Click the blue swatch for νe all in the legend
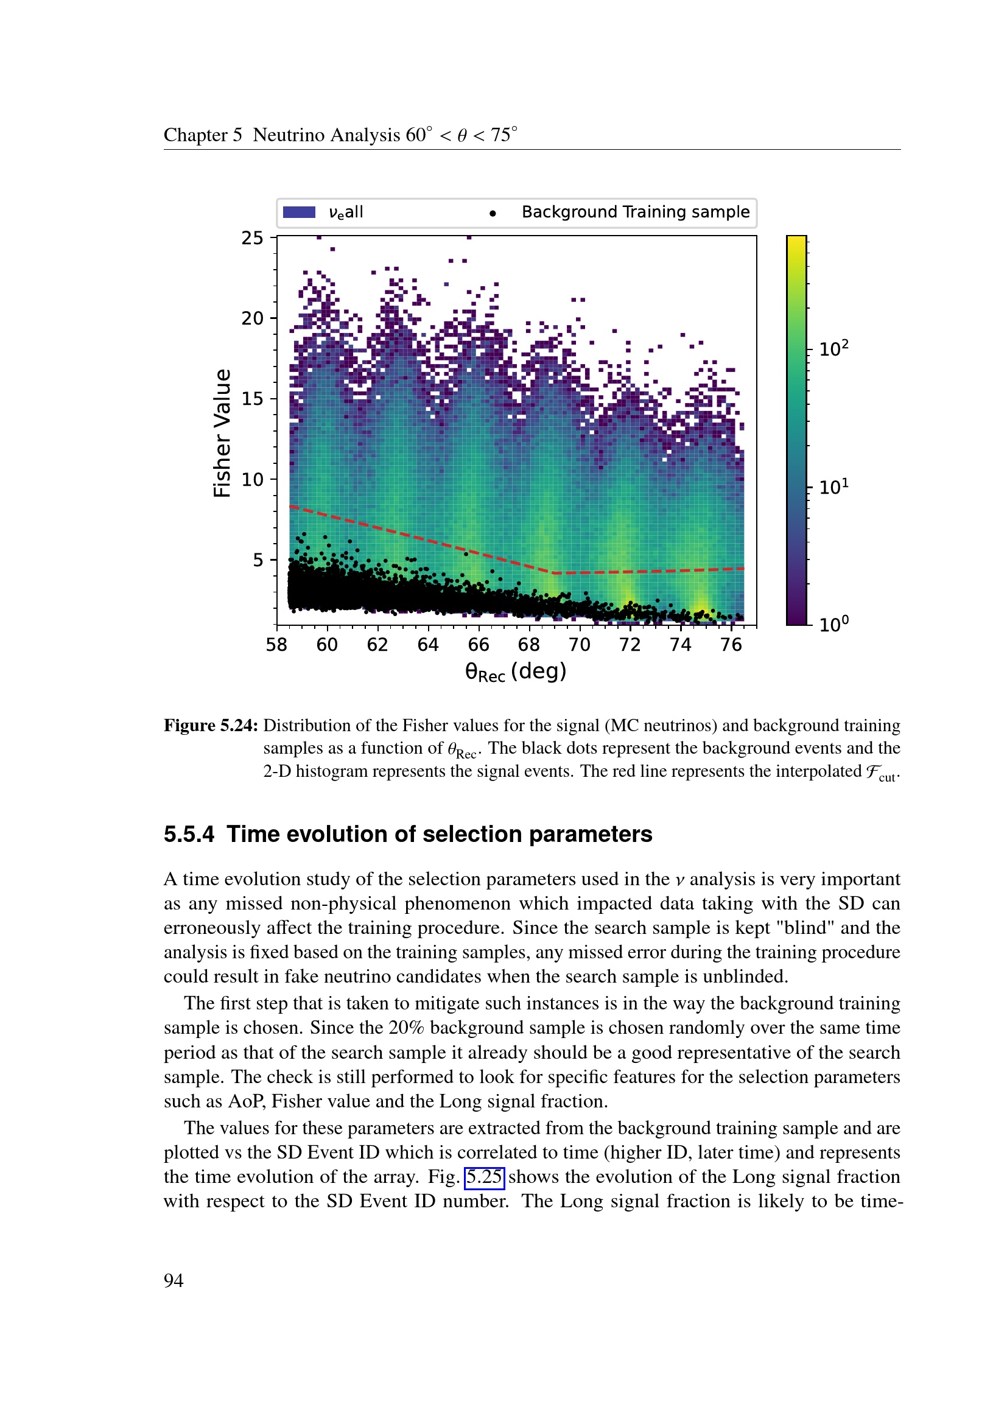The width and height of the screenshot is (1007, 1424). [x=299, y=212]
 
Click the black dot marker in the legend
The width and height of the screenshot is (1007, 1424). [x=493, y=213]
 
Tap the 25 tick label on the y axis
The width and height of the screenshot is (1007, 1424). [x=253, y=238]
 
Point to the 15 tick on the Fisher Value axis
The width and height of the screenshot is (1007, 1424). [x=253, y=399]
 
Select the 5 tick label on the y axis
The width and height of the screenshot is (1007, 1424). [x=258, y=560]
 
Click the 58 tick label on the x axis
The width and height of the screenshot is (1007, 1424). [x=276, y=645]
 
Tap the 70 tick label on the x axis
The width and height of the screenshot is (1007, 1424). [x=579, y=645]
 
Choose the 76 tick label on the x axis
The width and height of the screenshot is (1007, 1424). [x=731, y=645]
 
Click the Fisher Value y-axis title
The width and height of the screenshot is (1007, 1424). [x=222, y=433]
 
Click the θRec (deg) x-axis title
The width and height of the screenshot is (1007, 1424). [x=516, y=672]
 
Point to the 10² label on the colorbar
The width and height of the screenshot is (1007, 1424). [x=833, y=349]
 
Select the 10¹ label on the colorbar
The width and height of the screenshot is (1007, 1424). [x=833, y=487]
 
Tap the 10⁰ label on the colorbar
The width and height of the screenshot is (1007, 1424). [x=833, y=624]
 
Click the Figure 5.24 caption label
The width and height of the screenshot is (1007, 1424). [x=211, y=725]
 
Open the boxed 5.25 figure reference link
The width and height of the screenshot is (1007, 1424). [x=484, y=1177]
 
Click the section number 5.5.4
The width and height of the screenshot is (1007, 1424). [x=189, y=834]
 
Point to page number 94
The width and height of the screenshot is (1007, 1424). [x=174, y=1281]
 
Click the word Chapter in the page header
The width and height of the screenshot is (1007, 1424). [x=195, y=135]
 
